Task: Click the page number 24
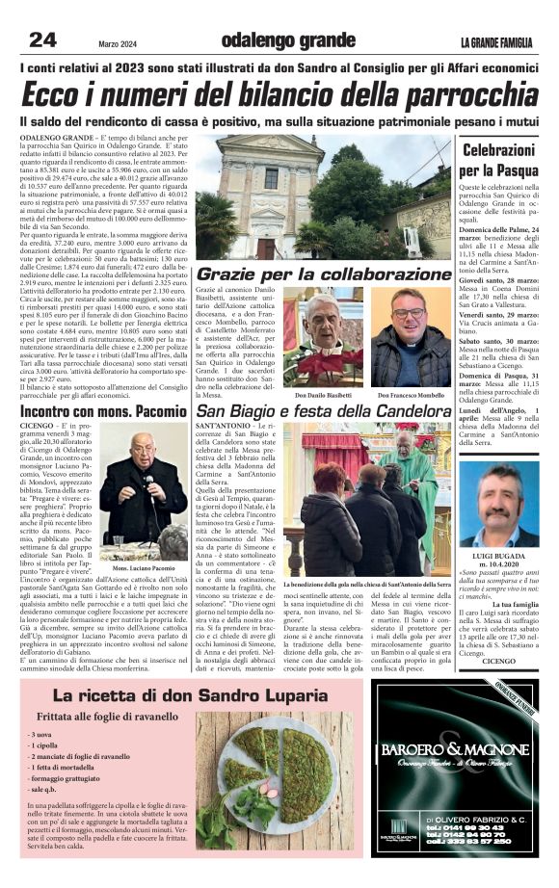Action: point(41,39)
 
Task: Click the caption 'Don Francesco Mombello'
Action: point(411,395)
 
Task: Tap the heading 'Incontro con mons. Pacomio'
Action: point(100,412)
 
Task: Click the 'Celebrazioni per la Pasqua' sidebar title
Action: point(497,163)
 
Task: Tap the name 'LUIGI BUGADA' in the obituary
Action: point(497,558)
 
